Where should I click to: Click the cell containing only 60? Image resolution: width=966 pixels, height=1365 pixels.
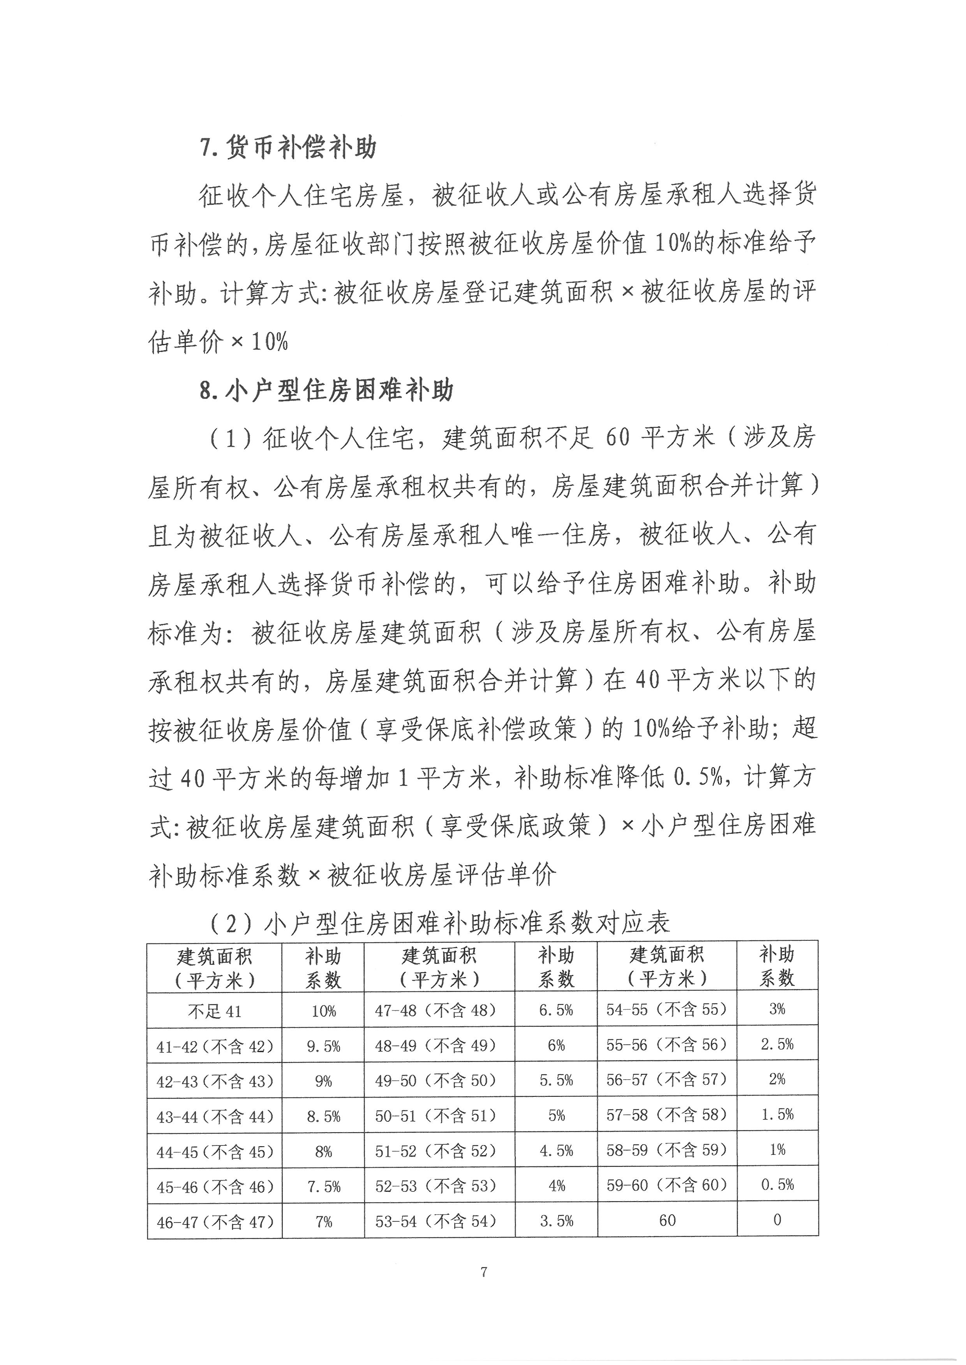click(x=667, y=1220)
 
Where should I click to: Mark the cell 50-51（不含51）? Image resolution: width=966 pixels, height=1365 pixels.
click(x=435, y=1116)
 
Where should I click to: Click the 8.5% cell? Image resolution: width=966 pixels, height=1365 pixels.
click(x=324, y=1117)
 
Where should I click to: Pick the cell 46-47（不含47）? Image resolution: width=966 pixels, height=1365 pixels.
click(x=215, y=1222)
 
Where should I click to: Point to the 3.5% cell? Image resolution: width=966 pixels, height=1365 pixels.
click(x=556, y=1221)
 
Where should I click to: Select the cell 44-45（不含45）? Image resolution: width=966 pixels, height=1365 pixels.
click(x=215, y=1152)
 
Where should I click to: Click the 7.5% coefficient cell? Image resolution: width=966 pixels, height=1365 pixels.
click(x=324, y=1187)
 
